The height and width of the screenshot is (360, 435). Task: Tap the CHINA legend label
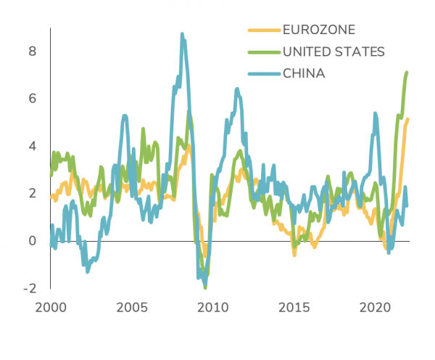tap(304, 73)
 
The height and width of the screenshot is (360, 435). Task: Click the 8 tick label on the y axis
tap(32, 51)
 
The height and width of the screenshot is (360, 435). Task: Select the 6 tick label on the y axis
tap(32, 98)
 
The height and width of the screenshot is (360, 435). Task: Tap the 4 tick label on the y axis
tap(32, 145)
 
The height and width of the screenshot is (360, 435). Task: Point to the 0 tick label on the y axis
tap(32, 240)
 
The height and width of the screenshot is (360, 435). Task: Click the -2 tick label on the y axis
tap(30, 287)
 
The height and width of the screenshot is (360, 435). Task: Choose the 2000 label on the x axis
tap(51, 308)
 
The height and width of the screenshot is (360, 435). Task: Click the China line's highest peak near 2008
tap(182, 34)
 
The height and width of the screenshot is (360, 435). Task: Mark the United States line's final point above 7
tap(407, 72)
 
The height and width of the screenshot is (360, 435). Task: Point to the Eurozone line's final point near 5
tap(407, 119)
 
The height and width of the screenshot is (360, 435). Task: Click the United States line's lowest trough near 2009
tap(205, 287)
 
